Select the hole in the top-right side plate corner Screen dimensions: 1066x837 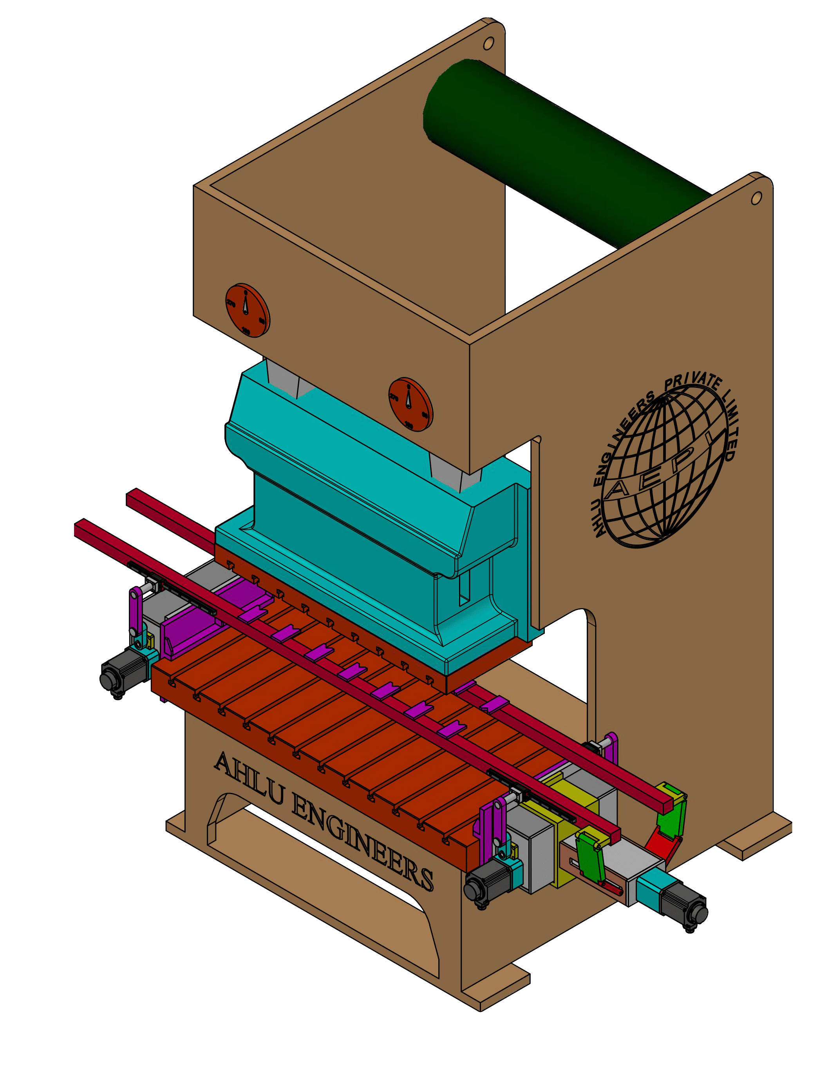pos(756,198)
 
